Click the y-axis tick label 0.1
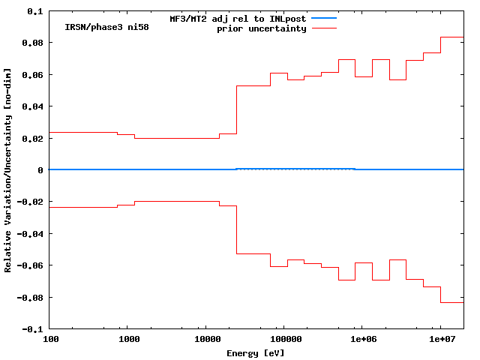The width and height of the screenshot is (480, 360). pos(34,11)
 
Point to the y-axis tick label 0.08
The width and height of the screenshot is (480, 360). pos(32,43)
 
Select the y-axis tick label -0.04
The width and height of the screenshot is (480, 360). pos(29,234)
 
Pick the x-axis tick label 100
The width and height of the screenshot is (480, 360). pos(49,340)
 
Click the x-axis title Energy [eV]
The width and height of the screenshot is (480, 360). pos(256,352)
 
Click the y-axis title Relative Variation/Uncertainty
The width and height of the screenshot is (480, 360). pos(7,170)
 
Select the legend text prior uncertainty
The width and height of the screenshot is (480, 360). pos(262,28)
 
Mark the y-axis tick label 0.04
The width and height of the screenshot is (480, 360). pos(32,106)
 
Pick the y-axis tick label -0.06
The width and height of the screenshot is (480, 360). pos(29,265)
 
